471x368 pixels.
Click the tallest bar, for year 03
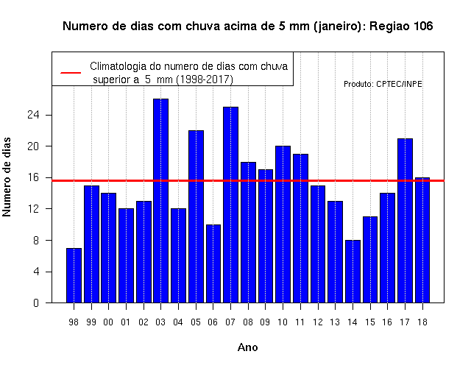160,201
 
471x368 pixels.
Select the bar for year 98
74,275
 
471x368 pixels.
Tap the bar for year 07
230,205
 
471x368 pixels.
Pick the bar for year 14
353,272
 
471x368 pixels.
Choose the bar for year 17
405,221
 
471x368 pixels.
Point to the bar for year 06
213,263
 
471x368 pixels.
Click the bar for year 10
283,224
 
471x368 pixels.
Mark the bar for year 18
422,240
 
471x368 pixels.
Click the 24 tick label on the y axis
33,115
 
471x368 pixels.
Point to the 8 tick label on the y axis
36,241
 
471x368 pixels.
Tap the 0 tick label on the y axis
36,302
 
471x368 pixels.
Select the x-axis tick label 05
196,322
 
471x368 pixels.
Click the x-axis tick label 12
318,322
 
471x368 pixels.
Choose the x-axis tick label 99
91,322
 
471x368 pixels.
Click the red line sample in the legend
71,73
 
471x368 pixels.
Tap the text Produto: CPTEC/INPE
383,84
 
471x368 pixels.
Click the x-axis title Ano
247,347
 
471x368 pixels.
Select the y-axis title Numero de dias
7,177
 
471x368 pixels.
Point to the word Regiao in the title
389,26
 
